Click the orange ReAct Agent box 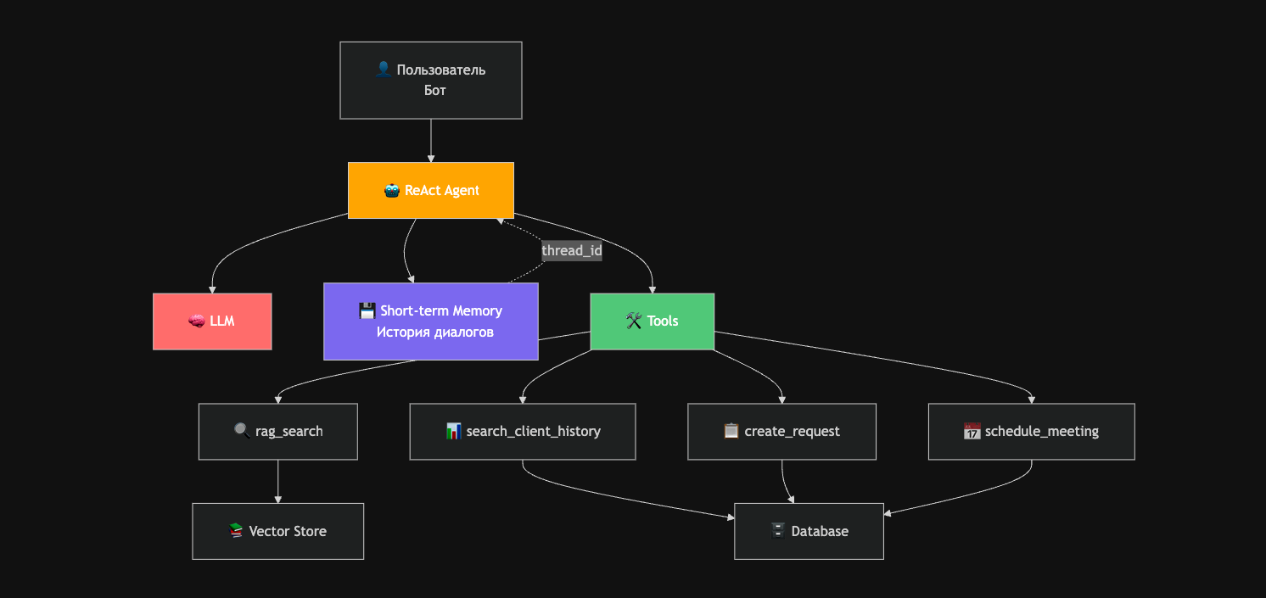[431, 190]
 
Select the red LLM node [212, 321]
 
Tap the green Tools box [652, 321]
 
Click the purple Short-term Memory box [431, 321]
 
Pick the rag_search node [278, 431]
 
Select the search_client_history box [523, 431]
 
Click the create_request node [781, 431]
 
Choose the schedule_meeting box [1031, 431]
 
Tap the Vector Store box [278, 531]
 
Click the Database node [809, 531]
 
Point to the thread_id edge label [572, 250]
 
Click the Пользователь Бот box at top [431, 81]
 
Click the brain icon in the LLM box [196, 321]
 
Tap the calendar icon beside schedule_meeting [972, 431]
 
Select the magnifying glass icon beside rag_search [242, 431]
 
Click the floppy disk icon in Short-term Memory [367, 310]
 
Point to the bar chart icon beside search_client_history [454, 431]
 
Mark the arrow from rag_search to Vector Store [278, 482]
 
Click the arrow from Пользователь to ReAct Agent [431, 141]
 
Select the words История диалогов [435, 332]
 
